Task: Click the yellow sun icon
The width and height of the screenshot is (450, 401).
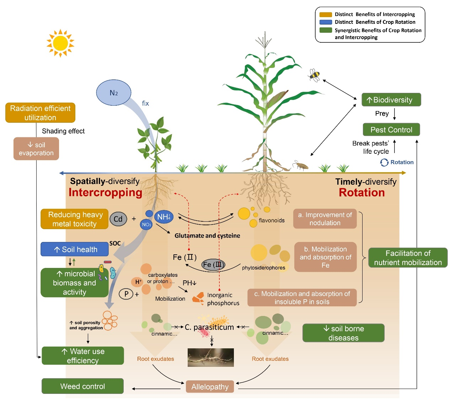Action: point(60,43)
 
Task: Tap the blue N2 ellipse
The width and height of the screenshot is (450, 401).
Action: point(114,93)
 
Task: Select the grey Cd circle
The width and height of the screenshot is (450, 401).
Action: point(118,219)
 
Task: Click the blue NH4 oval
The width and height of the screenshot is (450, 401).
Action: point(164,217)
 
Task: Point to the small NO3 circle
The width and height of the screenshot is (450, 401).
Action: point(146,225)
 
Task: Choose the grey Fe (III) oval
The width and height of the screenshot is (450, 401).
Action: point(213,265)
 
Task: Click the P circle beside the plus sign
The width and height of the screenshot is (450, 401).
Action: point(126,294)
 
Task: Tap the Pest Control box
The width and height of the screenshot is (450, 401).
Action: point(391,130)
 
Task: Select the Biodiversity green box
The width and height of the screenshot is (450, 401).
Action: point(391,100)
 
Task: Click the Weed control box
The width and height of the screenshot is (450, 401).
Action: point(82,386)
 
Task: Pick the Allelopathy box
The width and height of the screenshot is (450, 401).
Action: point(210,387)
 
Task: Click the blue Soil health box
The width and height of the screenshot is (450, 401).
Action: point(75,249)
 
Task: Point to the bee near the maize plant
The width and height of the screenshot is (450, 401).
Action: point(315,75)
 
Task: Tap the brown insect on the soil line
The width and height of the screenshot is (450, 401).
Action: point(300,165)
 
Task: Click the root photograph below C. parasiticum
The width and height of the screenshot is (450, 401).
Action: point(211,357)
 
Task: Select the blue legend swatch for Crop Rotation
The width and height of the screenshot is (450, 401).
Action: point(326,22)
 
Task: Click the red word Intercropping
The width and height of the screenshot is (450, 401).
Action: point(105,192)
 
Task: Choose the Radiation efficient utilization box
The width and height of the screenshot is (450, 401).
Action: point(40,113)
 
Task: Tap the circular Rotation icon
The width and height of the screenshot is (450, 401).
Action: point(384,162)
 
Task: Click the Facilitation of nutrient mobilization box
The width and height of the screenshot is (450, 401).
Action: point(408,258)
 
